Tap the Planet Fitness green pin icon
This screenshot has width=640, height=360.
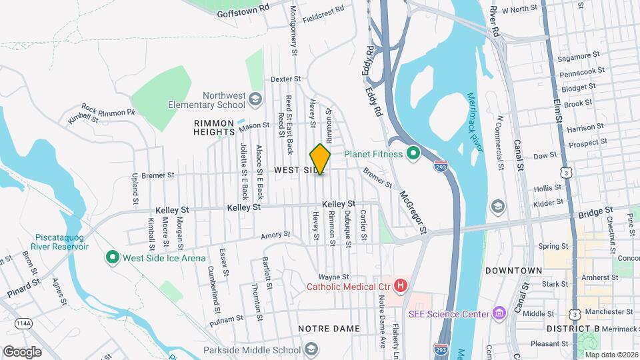click(x=413, y=154)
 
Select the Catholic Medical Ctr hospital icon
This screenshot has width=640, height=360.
click(x=401, y=287)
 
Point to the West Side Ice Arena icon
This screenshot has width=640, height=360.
click(x=112, y=257)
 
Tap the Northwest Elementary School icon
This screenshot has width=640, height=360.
click(x=254, y=100)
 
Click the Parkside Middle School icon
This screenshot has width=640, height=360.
click(x=311, y=349)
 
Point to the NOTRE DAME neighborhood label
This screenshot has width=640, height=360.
click(x=329, y=329)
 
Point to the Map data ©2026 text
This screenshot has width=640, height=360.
click(x=611, y=355)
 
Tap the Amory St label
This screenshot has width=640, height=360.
click(x=276, y=235)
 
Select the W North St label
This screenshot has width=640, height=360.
click(x=519, y=9)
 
